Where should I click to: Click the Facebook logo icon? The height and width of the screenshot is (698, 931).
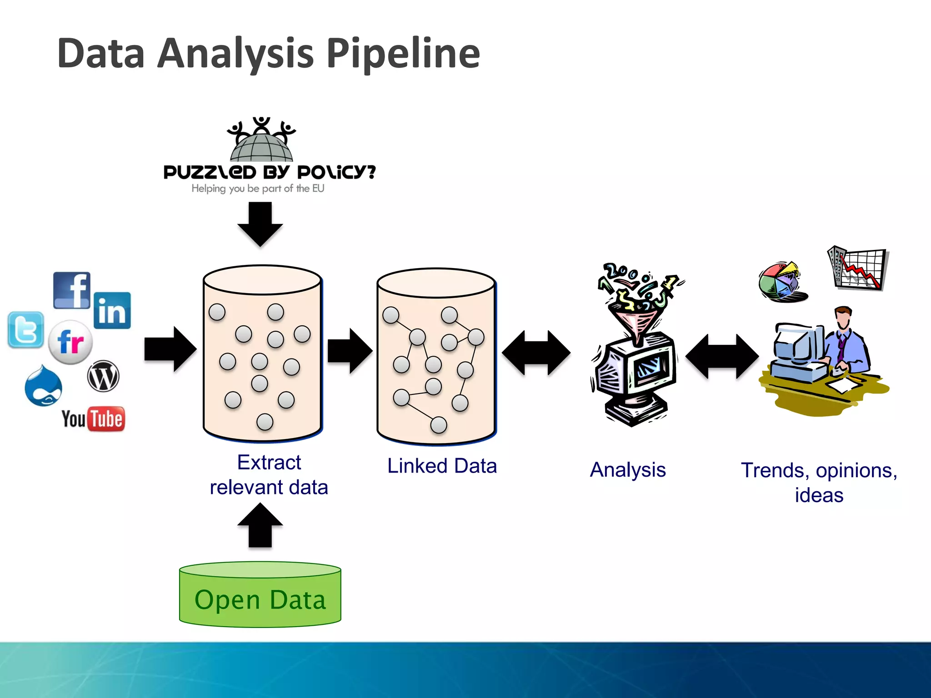coord(72,290)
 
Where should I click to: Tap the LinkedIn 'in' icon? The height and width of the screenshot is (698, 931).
coord(112,310)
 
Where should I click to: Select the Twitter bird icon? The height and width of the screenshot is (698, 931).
coord(26,330)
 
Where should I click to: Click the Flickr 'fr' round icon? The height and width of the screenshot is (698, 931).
coord(70,342)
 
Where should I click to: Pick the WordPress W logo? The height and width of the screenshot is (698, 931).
coord(103,376)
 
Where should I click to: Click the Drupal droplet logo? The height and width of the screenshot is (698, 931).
coord(43,386)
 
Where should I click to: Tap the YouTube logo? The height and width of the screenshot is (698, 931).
coord(93,419)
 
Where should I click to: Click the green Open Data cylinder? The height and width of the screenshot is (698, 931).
coord(260,595)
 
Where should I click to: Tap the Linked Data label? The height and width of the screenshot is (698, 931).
coord(442,466)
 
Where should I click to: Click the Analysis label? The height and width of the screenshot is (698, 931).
coord(628,469)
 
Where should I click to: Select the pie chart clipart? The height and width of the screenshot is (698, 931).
coord(781,282)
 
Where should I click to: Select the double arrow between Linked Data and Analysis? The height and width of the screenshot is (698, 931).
coord(536,353)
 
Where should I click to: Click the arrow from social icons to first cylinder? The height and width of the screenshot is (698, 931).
coord(170,349)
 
